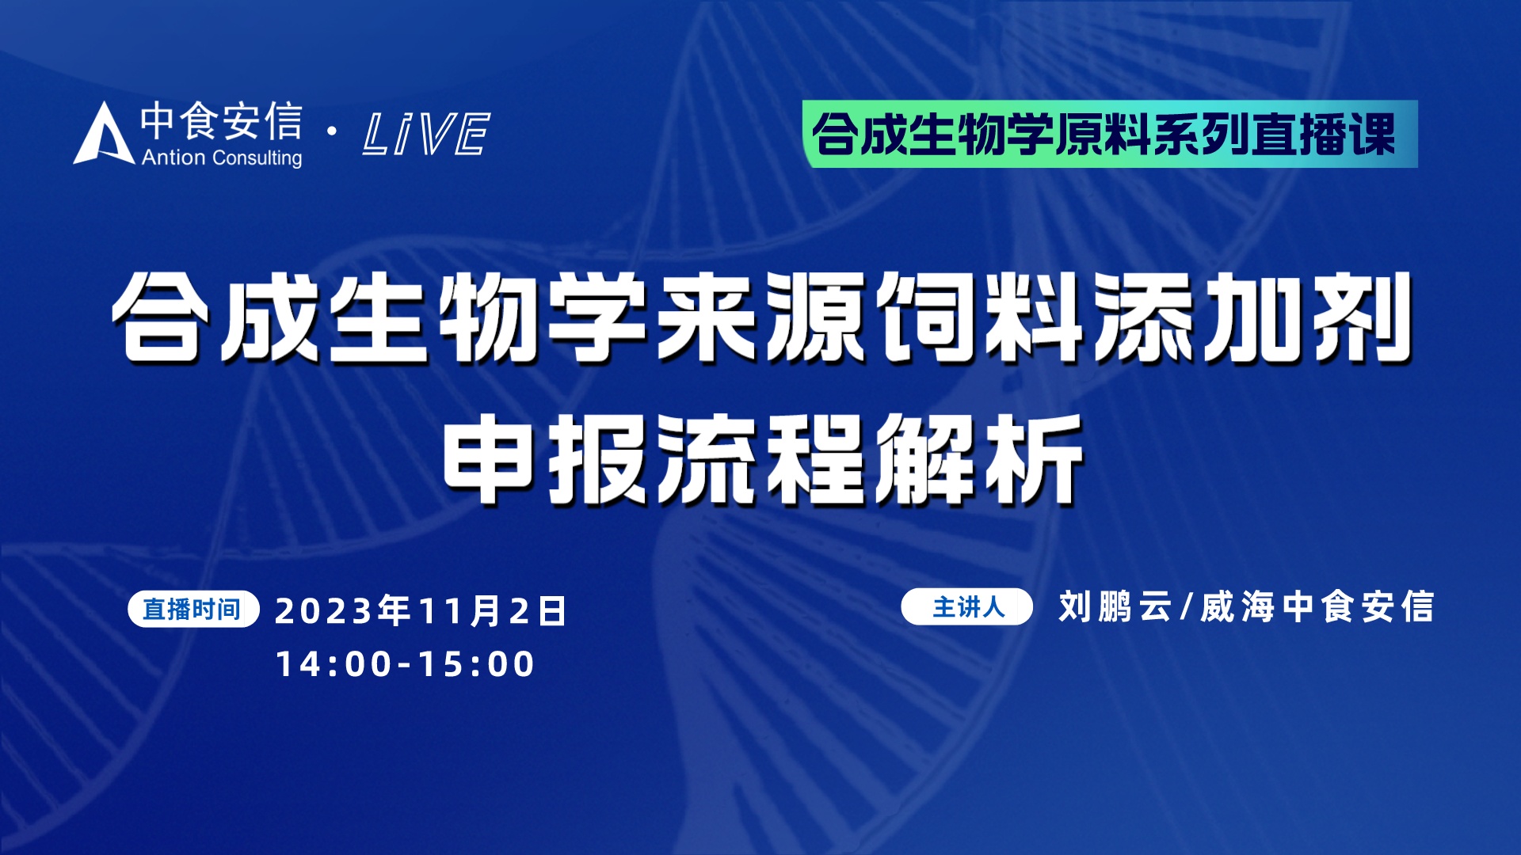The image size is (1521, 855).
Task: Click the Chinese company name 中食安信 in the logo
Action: coord(222,121)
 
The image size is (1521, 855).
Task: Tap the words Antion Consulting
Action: coord(222,158)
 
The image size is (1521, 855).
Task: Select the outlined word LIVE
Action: coord(426,133)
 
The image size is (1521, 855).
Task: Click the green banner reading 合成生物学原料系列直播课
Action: coord(1110,134)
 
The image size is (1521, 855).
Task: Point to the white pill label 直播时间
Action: coord(193,609)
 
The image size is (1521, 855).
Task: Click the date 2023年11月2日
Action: coord(421,611)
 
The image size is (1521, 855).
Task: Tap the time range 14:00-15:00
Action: coord(405,663)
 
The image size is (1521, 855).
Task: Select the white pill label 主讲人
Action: coord(967,607)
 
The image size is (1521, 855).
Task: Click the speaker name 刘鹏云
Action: coord(1115,607)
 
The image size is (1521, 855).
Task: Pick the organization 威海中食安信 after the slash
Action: coord(1317,607)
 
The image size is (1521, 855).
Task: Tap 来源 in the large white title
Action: coord(761,318)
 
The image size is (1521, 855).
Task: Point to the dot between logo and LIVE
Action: coord(332,131)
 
